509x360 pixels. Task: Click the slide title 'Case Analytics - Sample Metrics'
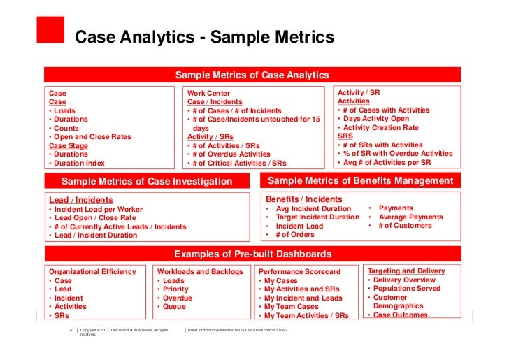[x=205, y=36]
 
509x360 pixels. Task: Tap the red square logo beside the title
[x=48, y=30]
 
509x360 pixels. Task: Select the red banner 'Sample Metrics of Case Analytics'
[x=252, y=75]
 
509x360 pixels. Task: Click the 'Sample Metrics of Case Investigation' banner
[x=147, y=182]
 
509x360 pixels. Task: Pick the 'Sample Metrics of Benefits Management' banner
[x=361, y=181]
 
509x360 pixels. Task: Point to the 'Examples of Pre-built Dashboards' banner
[x=252, y=254]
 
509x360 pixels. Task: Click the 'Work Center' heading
[x=208, y=94]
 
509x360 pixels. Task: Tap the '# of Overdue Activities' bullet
[x=231, y=154]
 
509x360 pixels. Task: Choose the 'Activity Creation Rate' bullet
[x=381, y=128]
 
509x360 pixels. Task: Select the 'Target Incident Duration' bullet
[x=317, y=217]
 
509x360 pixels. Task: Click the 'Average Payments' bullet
[x=410, y=217]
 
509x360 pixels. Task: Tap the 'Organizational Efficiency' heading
[x=92, y=271]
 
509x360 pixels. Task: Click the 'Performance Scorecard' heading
[x=299, y=271]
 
